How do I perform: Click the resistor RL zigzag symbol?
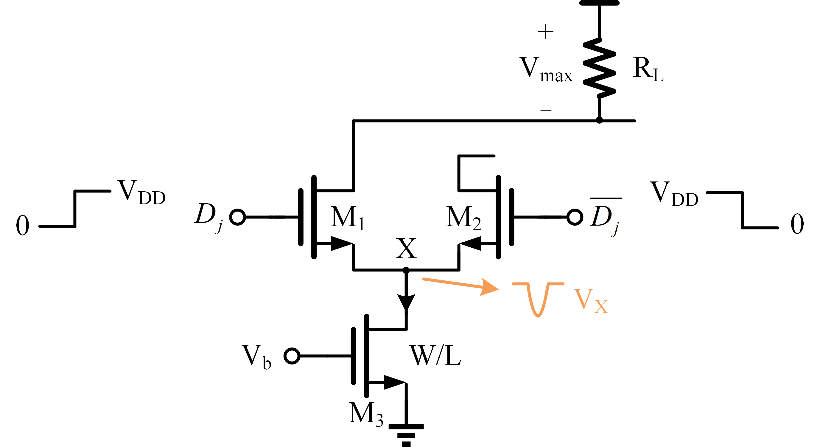coord(599,67)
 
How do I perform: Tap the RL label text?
coord(648,69)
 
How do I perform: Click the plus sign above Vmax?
coord(546,32)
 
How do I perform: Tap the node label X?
coord(406,248)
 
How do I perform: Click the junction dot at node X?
coord(406,270)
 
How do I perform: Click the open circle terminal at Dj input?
coord(237,217)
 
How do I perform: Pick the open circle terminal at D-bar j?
coord(575,217)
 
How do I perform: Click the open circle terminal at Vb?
coord(292,356)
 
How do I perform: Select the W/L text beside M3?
coord(435,355)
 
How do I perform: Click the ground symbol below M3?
coord(406,434)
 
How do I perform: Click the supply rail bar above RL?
coord(599,3)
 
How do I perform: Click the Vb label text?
coord(256,357)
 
